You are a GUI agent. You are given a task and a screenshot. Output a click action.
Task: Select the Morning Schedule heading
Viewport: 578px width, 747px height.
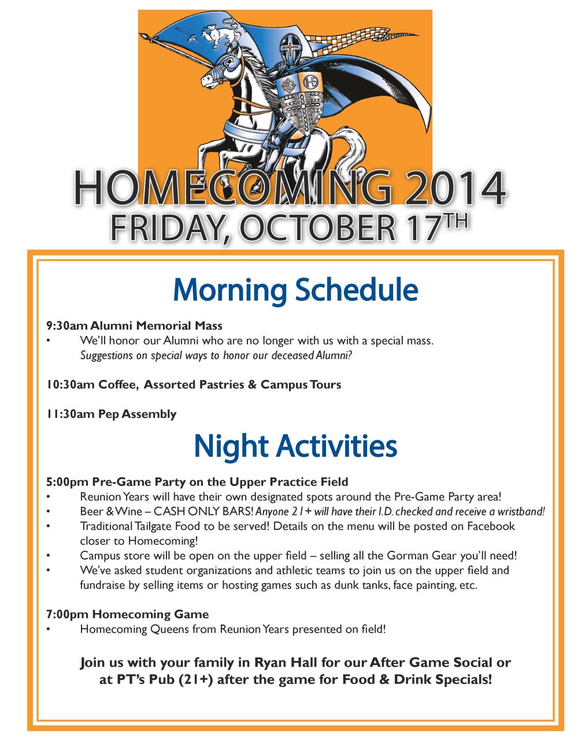tap(295, 290)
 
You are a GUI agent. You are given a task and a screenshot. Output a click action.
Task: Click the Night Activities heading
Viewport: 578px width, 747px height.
tap(295, 446)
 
